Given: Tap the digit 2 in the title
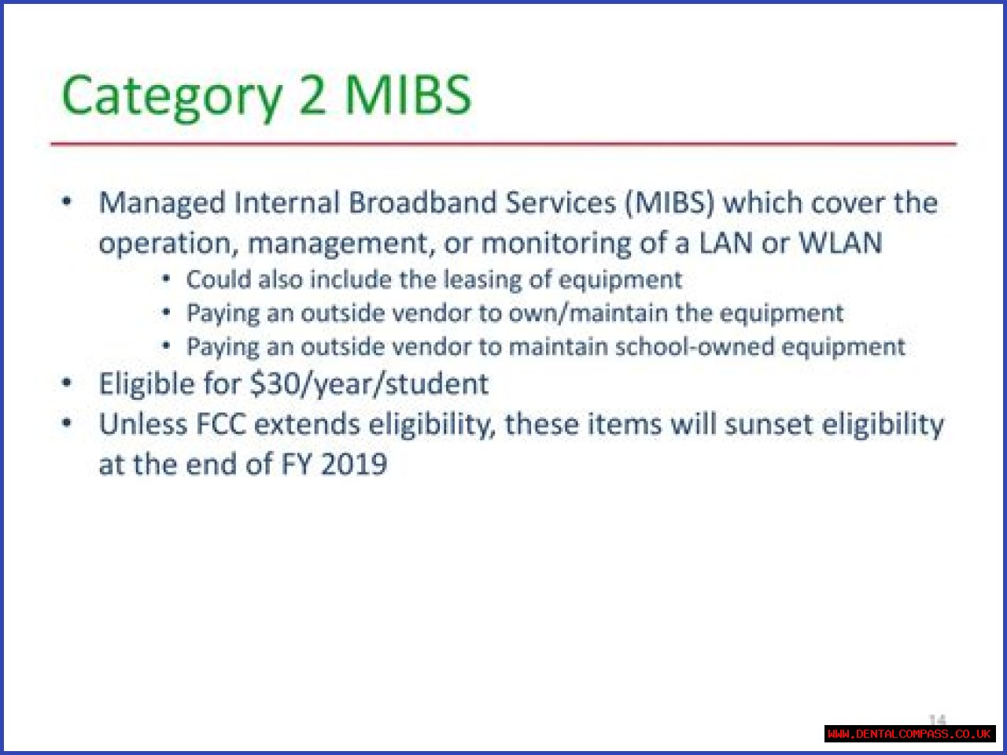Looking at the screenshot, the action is click(x=312, y=94).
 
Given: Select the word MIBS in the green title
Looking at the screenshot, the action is click(x=408, y=94).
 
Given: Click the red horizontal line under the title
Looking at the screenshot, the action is click(x=503, y=144).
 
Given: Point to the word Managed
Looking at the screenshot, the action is click(x=162, y=203).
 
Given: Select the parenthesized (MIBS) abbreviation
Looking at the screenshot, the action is click(x=669, y=202).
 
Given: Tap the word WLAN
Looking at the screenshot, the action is click(x=840, y=242).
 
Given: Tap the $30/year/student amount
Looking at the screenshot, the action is click(x=369, y=384).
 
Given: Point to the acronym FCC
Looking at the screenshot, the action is click(x=220, y=424).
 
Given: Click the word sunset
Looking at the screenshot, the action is click(x=769, y=424).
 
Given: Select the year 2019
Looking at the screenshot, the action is click(x=354, y=464).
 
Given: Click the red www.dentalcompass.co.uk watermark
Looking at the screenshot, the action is click(x=909, y=734).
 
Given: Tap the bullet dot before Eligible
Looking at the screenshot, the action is click(x=67, y=383).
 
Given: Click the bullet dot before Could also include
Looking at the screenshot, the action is click(x=167, y=278).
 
